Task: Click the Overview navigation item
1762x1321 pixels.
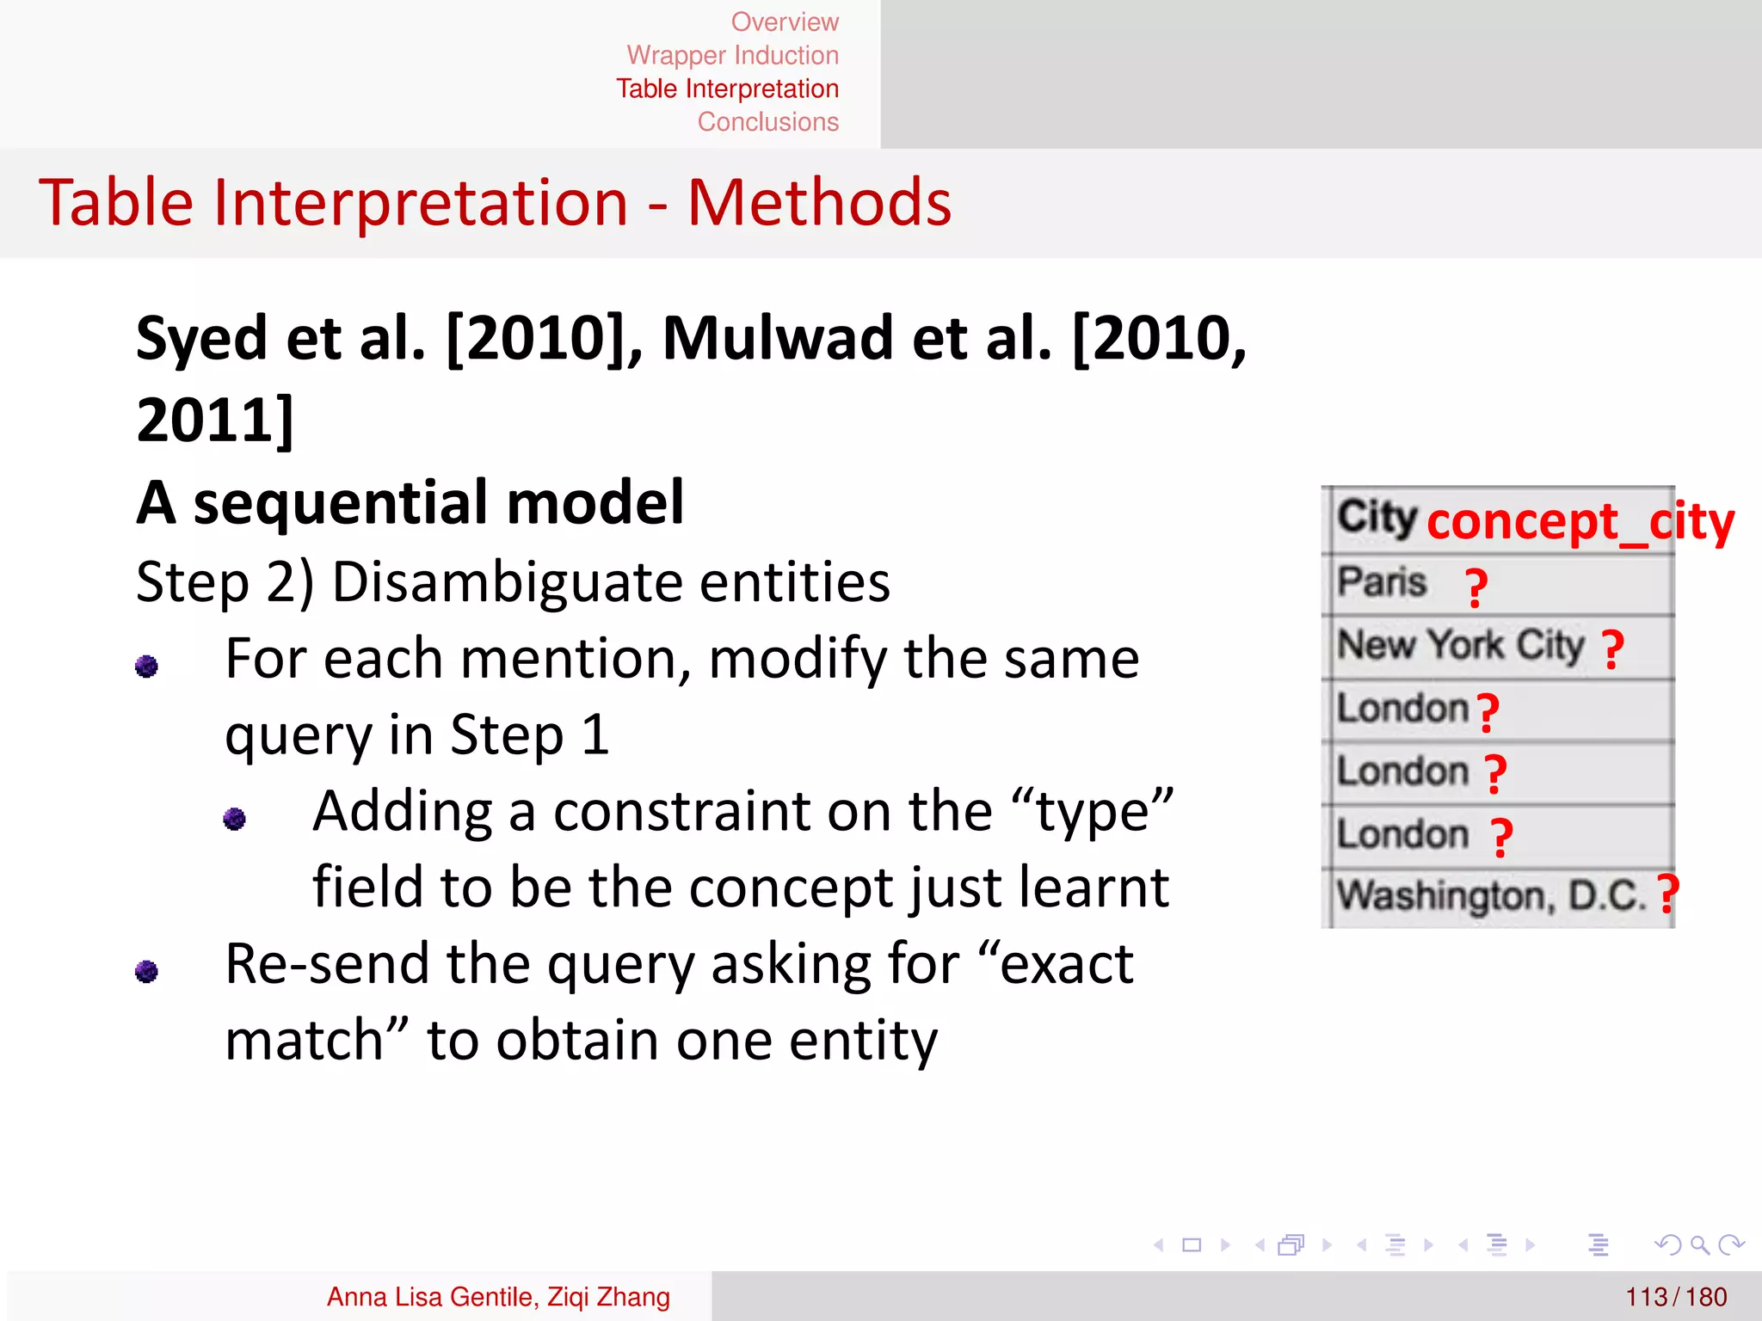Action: pyautogui.click(x=784, y=22)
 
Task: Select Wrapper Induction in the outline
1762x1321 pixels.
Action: pyautogui.click(x=732, y=55)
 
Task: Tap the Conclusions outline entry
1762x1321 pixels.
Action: pyautogui.click(x=767, y=122)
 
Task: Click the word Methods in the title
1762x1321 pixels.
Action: pyautogui.click(x=819, y=203)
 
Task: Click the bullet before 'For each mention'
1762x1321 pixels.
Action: pyautogui.click(x=147, y=666)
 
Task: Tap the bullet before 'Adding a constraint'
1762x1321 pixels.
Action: pyautogui.click(x=234, y=818)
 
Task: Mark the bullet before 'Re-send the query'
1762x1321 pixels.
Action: pyautogui.click(x=147, y=971)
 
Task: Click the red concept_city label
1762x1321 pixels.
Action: pyautogui.click(x=1580, y=522)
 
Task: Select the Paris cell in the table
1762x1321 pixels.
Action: pyautogui.click(x=1382, y=582)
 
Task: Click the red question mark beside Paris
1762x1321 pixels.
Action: pyautogui.click(x=1476, y=588)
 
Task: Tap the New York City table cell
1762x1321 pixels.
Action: pyautogui.click(x=1460, y=645)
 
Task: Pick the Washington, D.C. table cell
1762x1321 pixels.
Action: pyautogui.click(x=1491, y=896)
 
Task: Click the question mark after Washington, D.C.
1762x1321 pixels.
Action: pyautogui.click(x=1668, y=894)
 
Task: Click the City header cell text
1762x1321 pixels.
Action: pyautogui.click(x=1377, y=517)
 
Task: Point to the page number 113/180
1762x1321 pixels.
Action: pyautogui.click(x=1675, y=1297)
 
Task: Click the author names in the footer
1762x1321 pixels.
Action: pyautogui.click(x=498, y=1297)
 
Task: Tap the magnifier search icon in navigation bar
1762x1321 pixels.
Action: pyautogui.click(x=1698, y=1244)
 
